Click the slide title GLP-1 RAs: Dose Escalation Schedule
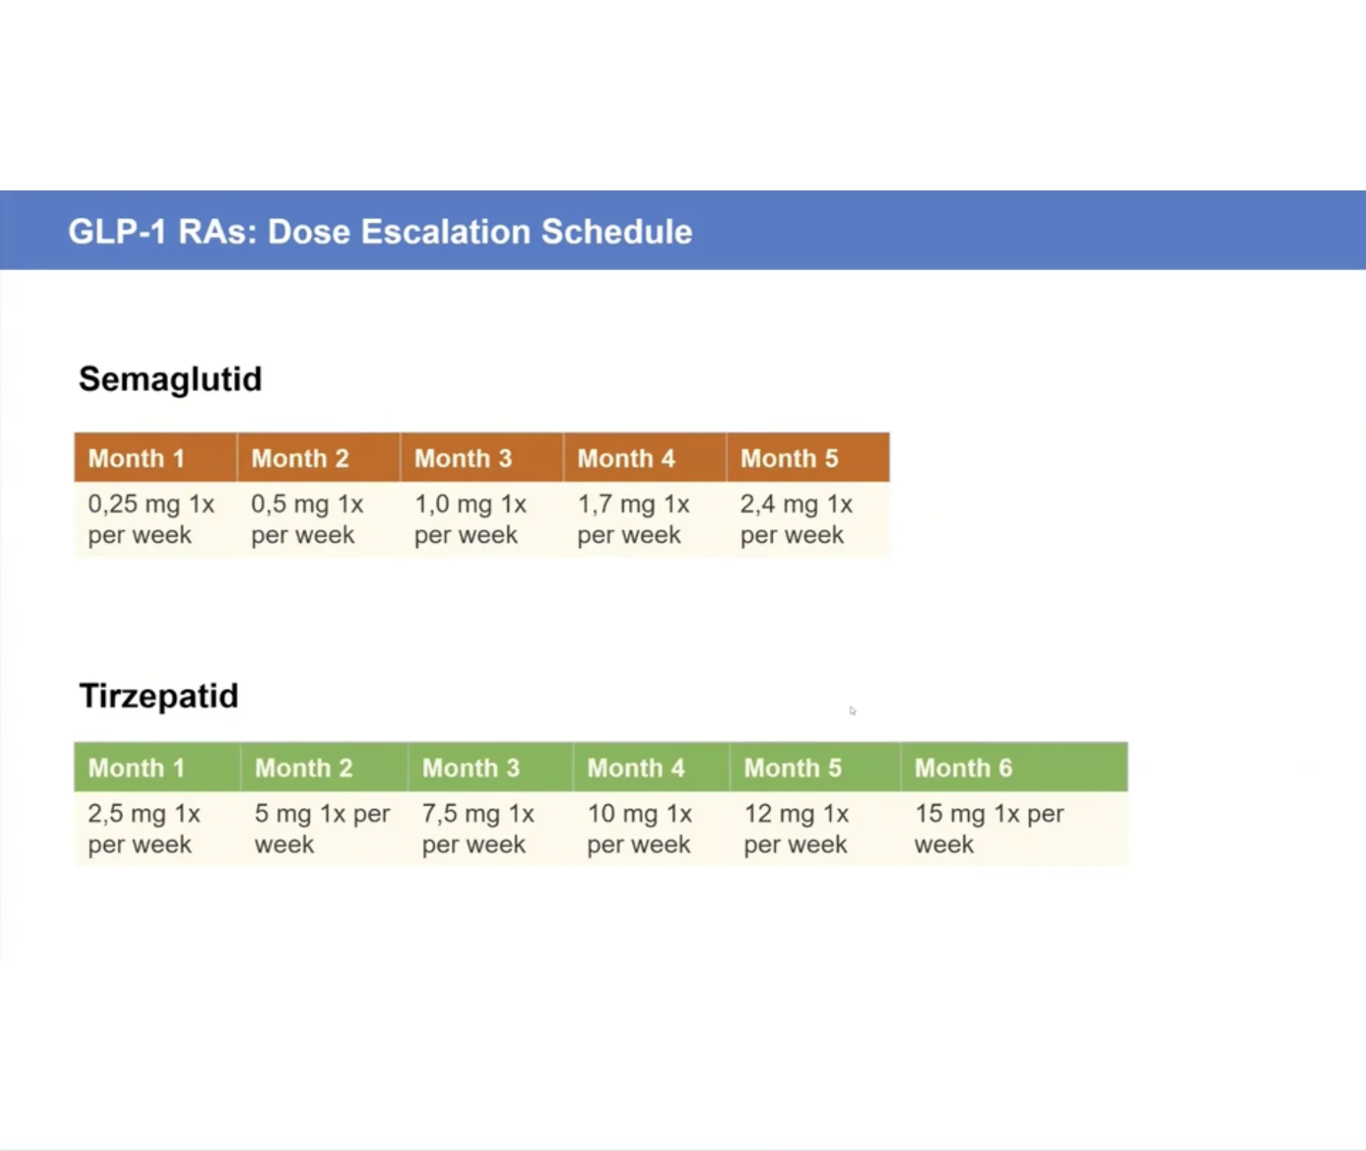click(x=380, y=231)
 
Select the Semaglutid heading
click(x=170, y=379)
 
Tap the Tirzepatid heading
click(x=159, y=695)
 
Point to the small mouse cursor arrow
click(x=852, y=711)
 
